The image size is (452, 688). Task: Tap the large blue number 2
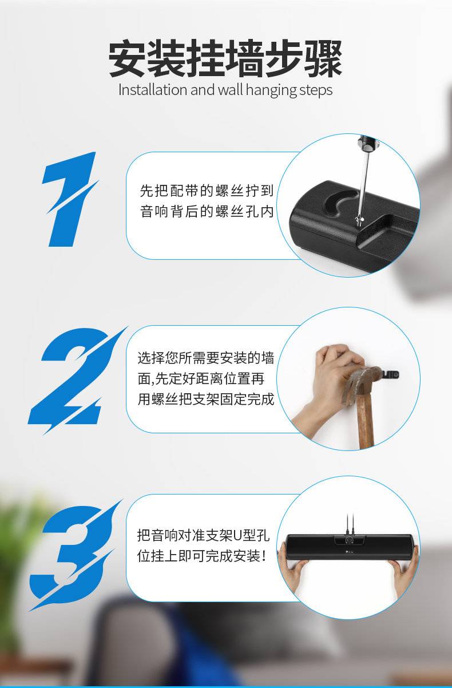[74, 381]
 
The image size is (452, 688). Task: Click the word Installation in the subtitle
[153, 90]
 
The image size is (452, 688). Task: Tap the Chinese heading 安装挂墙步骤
[225, 58]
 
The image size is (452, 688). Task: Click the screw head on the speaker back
[359, 219]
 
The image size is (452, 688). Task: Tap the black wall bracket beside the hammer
[390, 375]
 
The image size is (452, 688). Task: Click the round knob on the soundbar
[349, 540]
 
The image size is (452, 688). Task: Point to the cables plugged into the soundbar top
[350, 524]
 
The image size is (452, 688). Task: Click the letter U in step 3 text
[238, 536]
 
